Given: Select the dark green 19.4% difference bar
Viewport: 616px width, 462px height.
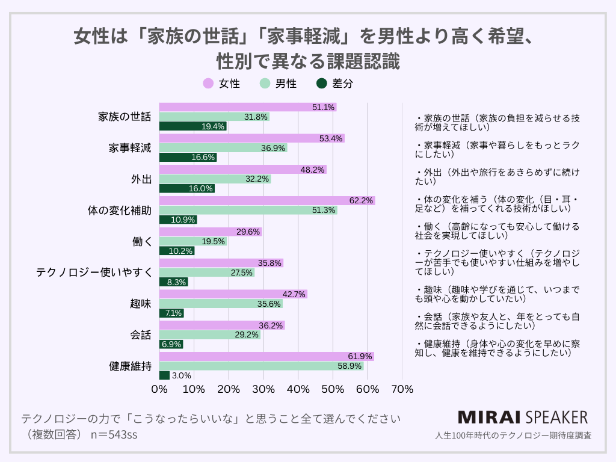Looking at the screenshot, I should (x=192, y=126).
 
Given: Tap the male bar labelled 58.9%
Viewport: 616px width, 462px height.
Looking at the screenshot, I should (x=261, y=366).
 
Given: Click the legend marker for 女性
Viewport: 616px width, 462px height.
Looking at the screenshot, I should (x=208, y=84).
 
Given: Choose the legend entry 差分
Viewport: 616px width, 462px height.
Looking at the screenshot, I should (x=335, y=84).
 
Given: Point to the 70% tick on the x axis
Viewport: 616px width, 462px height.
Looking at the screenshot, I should (x=402, y=389).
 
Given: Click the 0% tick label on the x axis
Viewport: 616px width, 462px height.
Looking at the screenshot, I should (x=159, y=389).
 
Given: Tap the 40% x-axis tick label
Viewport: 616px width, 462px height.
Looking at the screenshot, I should (x=298, y=389).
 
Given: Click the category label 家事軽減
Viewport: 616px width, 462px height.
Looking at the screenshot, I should (x=130, y=148).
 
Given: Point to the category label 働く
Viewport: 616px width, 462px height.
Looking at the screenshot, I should (x=141, y=241).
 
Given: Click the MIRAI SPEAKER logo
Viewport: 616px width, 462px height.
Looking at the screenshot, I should (x=523, y=417).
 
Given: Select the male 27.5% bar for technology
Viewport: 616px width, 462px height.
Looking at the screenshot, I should (x=206, y=273).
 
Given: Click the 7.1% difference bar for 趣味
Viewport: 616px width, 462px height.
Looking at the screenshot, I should (x=171, y=313).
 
